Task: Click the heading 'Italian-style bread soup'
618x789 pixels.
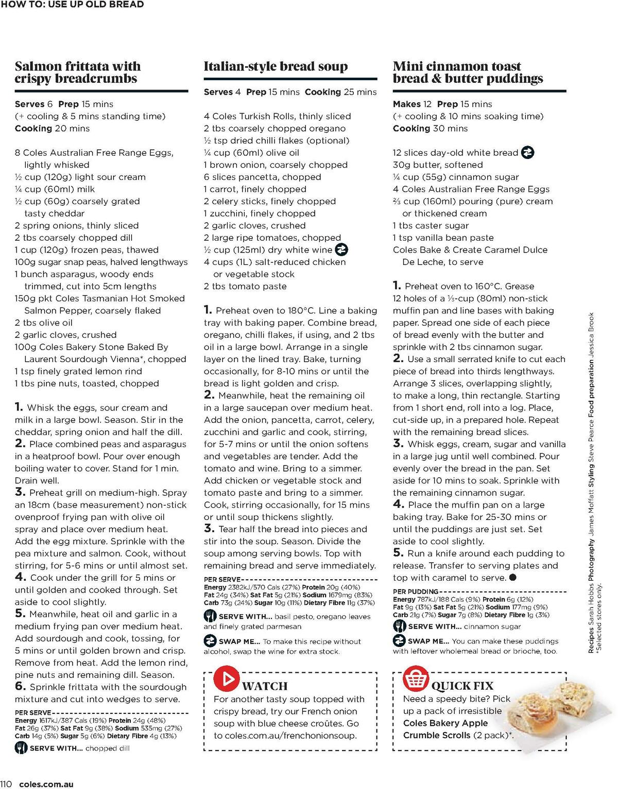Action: click(276, 66)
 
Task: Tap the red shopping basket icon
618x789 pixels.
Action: click(416, 678)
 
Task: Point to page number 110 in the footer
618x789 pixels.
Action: click(6, 784)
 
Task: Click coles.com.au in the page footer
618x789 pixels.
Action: click(46, 784)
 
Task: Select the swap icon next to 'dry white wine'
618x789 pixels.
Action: click(341, 250)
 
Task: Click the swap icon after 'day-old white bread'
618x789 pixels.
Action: click(527, 153)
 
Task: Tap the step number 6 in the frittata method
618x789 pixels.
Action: click(20, 687)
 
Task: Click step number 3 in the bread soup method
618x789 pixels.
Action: click(209, 528)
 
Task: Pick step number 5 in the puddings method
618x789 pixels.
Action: click(398, 553)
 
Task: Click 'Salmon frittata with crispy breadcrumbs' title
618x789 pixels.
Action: click(77, 73)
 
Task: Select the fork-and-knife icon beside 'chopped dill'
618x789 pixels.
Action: click(21, 748)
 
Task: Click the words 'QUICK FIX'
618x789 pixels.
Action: click(462, 686)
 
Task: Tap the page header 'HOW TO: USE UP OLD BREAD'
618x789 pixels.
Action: click(72, 5)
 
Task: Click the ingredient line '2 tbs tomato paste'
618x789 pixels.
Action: click(245, 286)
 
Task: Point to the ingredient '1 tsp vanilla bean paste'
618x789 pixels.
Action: click(443, 238)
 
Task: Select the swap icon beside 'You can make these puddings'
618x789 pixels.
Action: click(399, 641)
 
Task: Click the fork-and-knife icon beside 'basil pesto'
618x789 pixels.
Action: click(210, 616)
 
